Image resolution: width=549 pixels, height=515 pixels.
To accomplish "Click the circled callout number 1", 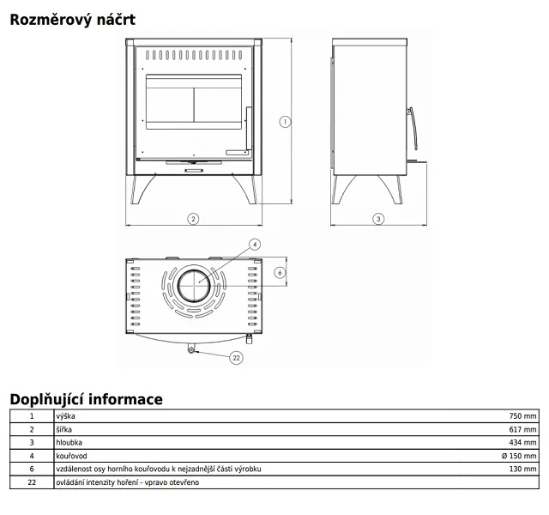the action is coord(285,122).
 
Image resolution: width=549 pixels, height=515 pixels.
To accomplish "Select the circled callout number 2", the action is coord(193,220).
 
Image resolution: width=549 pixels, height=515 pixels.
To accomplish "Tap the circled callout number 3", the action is coord(378,219).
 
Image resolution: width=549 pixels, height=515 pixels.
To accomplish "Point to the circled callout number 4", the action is coord(255,244).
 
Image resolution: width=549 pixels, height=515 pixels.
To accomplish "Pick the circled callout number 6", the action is coord(280,273).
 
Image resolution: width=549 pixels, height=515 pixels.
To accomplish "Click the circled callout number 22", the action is coord(237,358).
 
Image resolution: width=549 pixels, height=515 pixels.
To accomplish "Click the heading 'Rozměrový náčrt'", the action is coord(72,20).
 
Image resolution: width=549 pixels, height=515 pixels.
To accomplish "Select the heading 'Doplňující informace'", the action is coord(86,399).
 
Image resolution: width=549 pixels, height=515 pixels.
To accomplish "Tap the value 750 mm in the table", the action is coord(522,415).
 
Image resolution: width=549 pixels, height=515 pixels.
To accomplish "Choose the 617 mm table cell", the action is coord(522,429).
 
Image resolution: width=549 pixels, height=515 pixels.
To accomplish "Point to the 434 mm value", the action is coord(522,443).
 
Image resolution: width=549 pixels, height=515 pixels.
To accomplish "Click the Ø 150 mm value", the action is coord(519,456).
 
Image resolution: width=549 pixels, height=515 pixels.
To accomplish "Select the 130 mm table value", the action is coord(522,469).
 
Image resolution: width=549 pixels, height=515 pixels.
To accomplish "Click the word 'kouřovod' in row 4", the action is coord(71,456).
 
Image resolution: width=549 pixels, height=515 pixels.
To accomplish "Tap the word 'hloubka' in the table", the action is coord(69,443).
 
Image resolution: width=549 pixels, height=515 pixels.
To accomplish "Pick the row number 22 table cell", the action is coord(32,482).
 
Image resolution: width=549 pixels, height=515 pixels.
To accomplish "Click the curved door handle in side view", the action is coord(414,128).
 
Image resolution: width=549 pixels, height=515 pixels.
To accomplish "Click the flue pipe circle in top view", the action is coord(194,286).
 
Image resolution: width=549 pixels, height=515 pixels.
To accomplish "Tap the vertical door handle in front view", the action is coord(249,129).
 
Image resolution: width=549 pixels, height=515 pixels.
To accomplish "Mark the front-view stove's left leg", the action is coord(141,189).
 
